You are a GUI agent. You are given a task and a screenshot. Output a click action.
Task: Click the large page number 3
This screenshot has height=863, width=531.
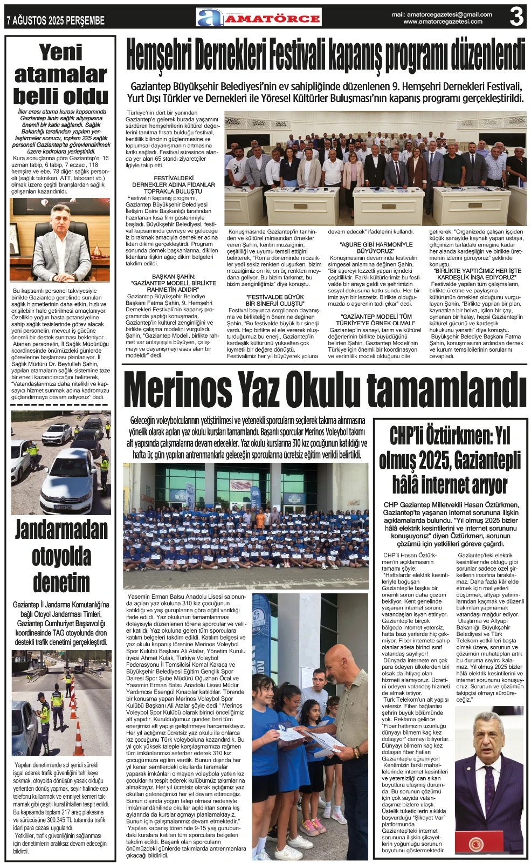[516, 17]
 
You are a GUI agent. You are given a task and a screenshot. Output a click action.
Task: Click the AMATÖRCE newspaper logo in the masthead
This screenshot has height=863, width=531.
[259, 17]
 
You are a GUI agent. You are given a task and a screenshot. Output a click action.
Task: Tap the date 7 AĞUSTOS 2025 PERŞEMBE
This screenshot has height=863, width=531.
[55, 20]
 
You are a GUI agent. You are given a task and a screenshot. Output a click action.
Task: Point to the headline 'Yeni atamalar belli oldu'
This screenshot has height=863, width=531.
[60, 74]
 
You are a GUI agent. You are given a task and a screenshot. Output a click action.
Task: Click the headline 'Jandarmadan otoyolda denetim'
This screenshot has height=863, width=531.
[61, 556]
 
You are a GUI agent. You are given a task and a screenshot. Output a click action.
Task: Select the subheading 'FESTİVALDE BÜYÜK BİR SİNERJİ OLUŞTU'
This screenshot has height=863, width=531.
[275, 300]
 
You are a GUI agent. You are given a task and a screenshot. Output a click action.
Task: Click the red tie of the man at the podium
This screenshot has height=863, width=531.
[489, 782]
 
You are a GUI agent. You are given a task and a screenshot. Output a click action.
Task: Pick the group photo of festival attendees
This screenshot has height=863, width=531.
[375, 168]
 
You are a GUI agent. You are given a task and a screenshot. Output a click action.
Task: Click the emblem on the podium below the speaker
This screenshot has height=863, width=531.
[477, 844]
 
